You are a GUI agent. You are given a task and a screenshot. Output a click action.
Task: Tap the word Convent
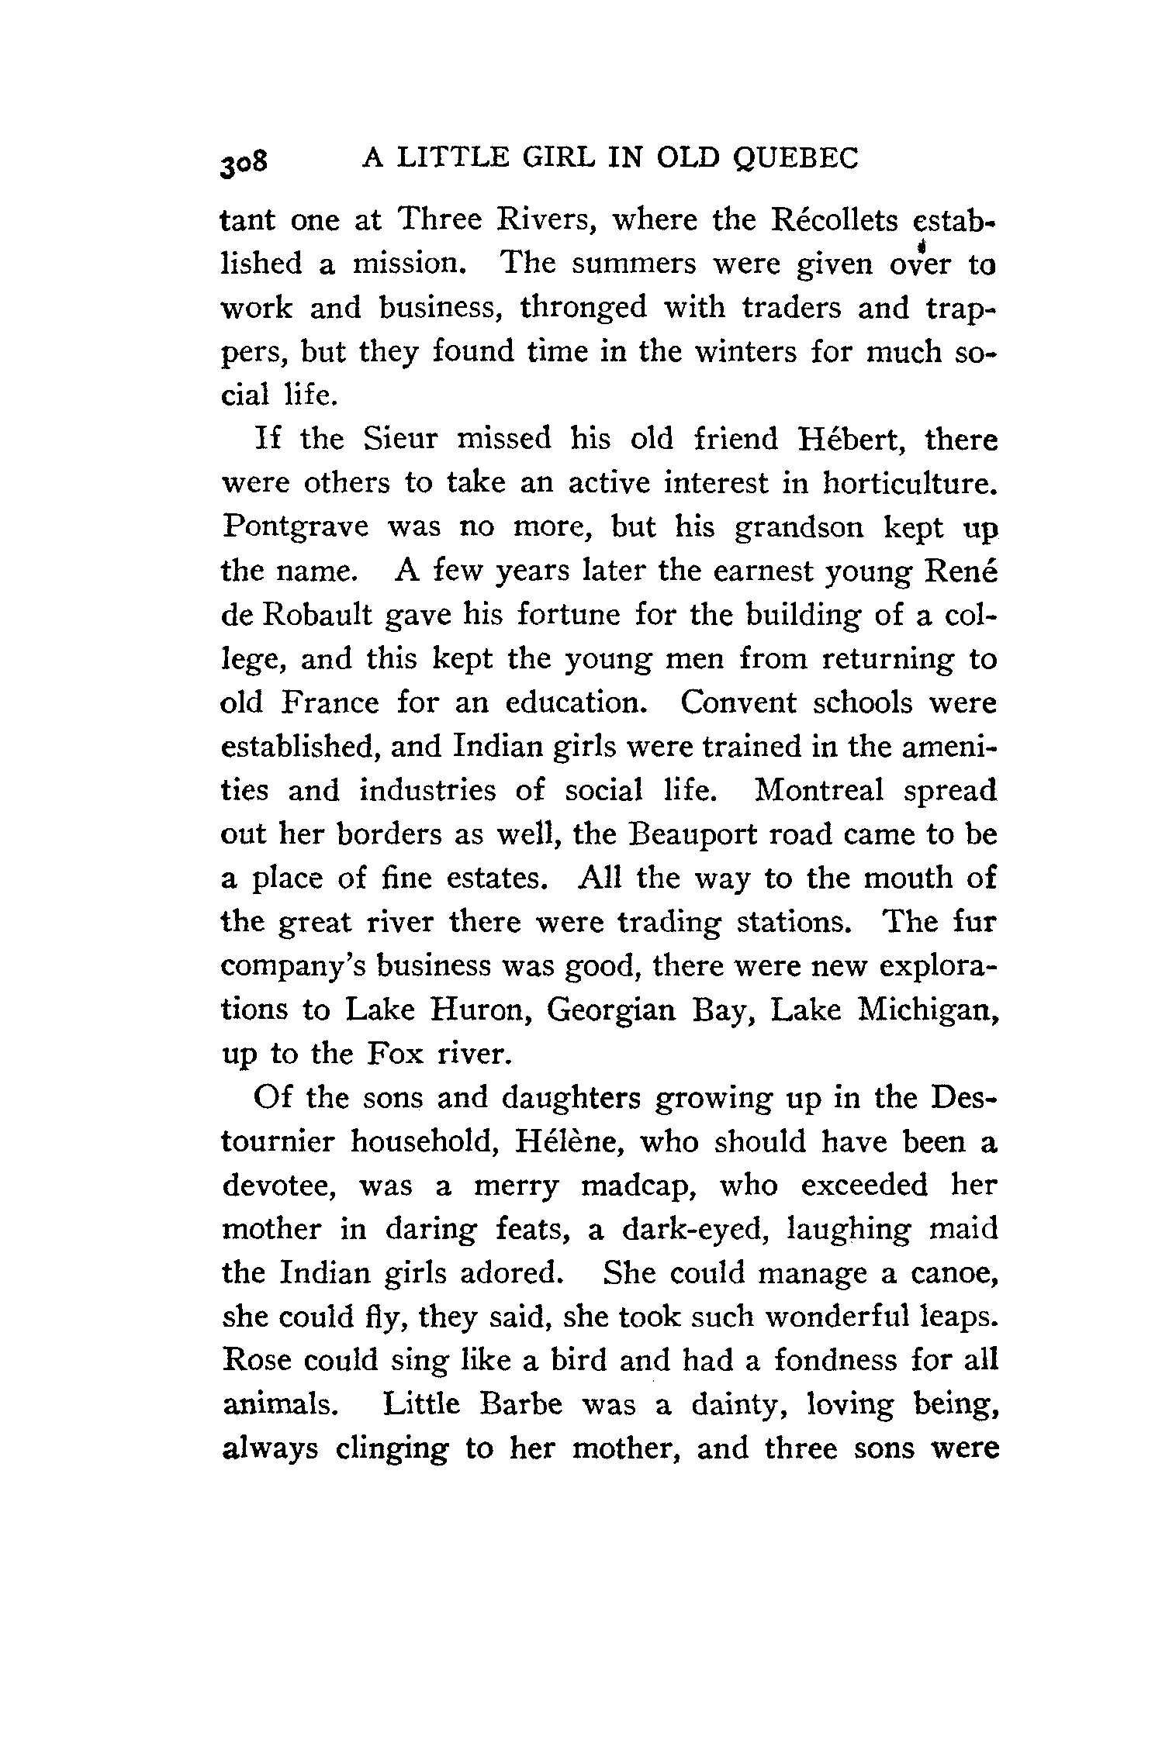point(738,702)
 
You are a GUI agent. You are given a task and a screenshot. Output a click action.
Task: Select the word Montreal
point(818,790)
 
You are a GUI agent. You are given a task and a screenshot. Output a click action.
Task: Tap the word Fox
point(394,1054)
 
